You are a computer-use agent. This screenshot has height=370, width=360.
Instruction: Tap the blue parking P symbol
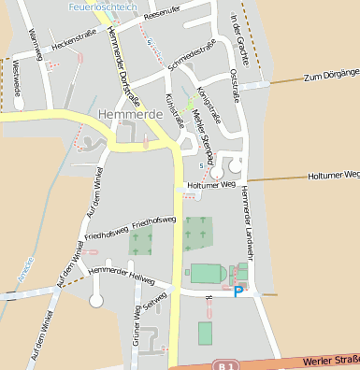point(238,292)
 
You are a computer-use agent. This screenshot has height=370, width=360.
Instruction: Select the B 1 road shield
point(222,364)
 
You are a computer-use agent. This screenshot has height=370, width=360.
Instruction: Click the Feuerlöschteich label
point(103,7)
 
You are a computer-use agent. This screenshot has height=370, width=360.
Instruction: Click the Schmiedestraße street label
point(192,59)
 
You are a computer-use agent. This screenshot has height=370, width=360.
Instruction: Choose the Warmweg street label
point(34,38)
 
